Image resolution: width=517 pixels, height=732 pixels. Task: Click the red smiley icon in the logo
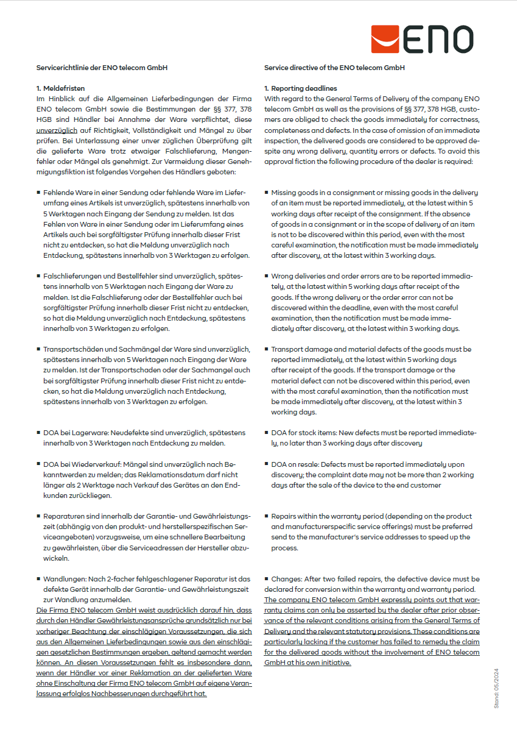(x=385, y=40)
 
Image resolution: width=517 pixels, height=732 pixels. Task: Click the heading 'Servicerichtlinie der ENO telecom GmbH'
(x=102, y=68)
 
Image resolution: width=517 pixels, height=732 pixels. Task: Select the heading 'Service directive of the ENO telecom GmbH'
(x=334, y=68)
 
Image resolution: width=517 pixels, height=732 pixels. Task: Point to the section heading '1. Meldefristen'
(x=60, y=88)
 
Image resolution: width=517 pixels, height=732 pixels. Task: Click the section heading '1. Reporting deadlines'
(x=300, y=88)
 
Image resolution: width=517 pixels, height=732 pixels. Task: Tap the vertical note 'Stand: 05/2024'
(x=496, y=688)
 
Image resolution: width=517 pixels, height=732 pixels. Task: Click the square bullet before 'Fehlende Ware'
(x=39, y=192)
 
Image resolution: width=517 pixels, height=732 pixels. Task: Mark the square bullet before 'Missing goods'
(x=267, y=192)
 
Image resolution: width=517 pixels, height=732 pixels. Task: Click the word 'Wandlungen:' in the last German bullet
(x=63, y=578)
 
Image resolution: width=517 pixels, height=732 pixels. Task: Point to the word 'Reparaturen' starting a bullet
(x=64, y=516)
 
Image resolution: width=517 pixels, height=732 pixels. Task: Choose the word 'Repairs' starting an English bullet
(x=284, y=516)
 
